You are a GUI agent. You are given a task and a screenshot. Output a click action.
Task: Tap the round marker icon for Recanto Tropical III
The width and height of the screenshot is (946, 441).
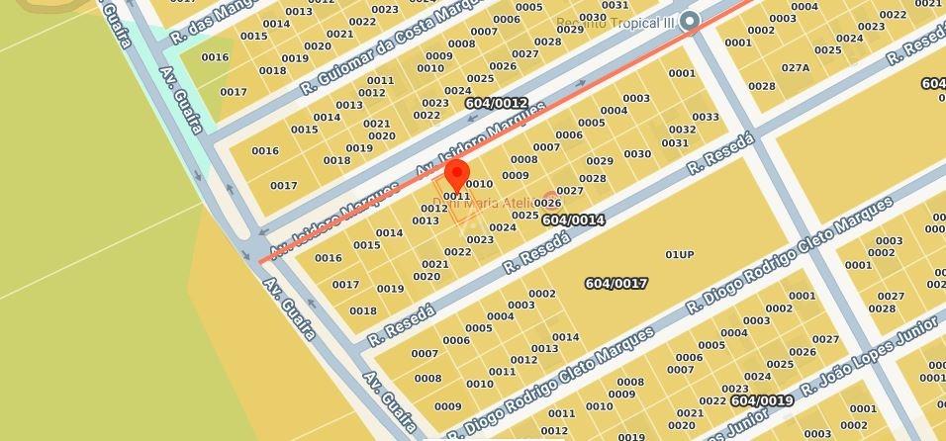(x=691, y=21)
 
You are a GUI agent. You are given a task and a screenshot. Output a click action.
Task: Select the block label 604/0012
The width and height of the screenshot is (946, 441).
(x=496, y=103)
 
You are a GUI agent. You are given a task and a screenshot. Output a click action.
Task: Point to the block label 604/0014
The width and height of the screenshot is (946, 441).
(x=573, y=220)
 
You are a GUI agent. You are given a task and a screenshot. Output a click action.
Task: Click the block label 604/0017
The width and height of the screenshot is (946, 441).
(x=615, y=284)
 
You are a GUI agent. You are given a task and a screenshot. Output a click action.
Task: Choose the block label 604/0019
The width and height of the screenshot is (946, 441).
(x=762, y=400)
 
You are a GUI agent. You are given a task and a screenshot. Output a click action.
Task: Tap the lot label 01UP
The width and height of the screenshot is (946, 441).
(x=679, y=255)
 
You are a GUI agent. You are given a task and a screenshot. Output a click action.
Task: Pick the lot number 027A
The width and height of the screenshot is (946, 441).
(x=796, y=68)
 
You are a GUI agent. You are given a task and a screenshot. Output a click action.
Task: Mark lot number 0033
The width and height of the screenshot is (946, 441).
(x=706, y=117)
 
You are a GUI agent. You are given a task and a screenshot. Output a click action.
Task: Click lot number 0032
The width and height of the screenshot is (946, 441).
(x=682, y=130)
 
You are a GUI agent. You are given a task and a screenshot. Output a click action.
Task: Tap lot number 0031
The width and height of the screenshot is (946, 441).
(x=675, y=143)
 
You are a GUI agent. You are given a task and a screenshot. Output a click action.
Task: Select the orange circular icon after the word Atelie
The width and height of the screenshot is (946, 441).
(x=550, y=199)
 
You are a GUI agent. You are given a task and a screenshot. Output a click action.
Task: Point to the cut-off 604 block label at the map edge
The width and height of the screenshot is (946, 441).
(x=933, y=84)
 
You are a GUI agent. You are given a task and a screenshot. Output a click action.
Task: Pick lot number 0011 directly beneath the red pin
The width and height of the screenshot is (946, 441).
(x=456, y=196)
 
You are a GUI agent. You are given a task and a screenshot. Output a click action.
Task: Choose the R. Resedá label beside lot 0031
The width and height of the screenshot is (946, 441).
(x=720, y=153)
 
